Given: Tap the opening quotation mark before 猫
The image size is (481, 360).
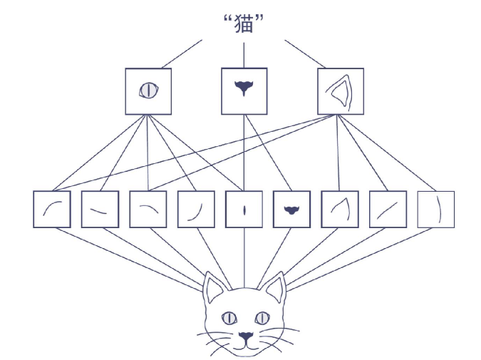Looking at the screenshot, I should (227, 18).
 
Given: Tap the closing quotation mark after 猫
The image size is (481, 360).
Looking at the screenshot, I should (261, 18).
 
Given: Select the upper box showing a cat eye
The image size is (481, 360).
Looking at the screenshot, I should (148, 91).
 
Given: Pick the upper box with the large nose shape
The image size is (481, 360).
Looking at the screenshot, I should (244, 91).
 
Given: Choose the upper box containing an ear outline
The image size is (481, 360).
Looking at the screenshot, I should (340, 91).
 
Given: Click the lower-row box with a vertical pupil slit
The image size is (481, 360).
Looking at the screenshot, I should (244, 210).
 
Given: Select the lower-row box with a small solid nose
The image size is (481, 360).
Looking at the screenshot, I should (292, 210).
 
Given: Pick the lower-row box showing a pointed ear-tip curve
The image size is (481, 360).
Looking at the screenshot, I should (340, 210).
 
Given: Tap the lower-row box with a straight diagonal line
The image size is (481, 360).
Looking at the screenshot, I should (388, 210).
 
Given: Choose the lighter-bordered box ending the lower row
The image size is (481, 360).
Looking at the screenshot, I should (435, 210).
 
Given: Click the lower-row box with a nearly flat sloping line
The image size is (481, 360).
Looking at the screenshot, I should (100, 210).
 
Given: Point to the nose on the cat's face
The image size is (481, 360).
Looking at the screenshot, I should (245, 335).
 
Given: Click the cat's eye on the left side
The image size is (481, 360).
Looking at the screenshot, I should (229, 317).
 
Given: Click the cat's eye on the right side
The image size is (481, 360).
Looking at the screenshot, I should (262, 317).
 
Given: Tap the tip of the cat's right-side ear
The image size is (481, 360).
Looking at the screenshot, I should (283, 273).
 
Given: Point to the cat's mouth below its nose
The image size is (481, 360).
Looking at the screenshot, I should (245, 346).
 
